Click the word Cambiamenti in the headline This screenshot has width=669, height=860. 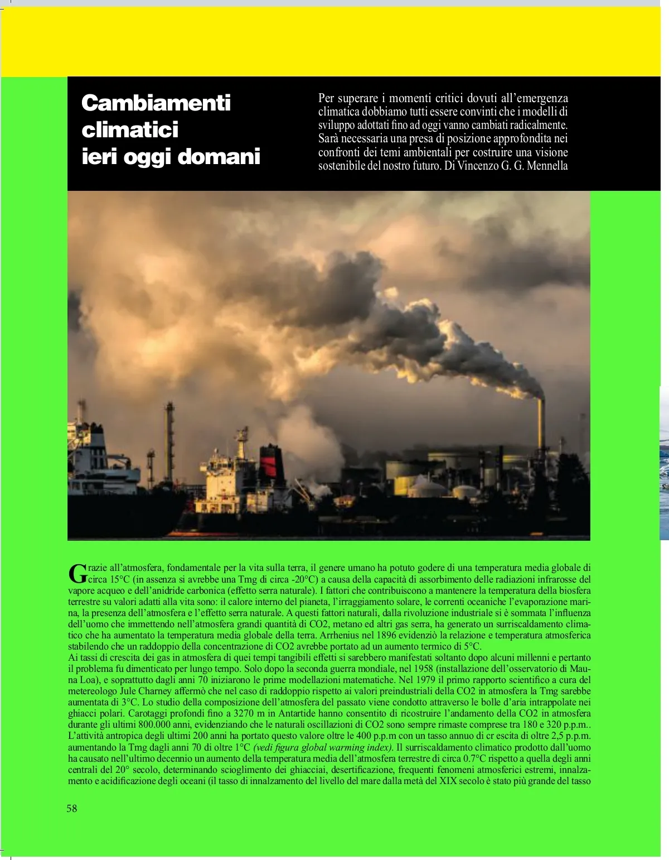click(x=156, y=103)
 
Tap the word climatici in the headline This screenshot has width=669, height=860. click(x=130, y=130)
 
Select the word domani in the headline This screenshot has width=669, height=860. click(x=219, y=157)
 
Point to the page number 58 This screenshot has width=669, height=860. click(x=72, y=808)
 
